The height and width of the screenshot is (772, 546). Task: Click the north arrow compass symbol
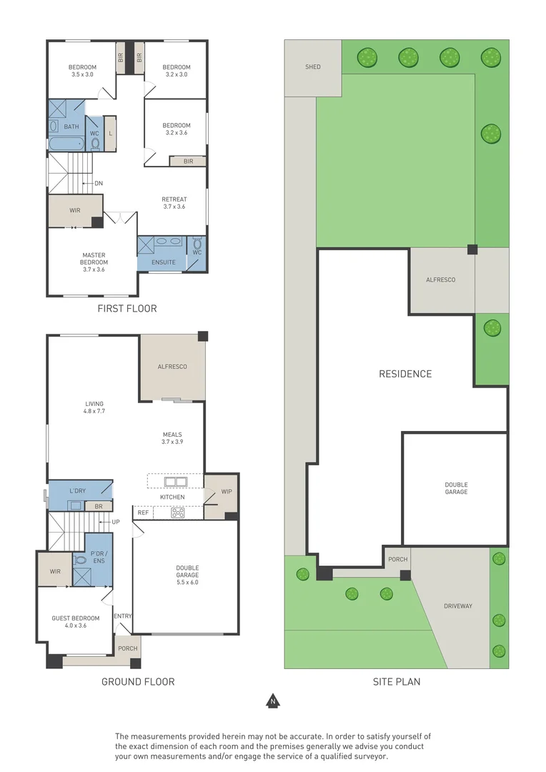click(x=273, y=701)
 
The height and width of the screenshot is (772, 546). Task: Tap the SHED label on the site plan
click(x=312, y=67)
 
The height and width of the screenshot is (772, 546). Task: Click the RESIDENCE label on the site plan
click(x=405, y=374)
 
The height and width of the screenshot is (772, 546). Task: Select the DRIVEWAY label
click(x=458, y=606)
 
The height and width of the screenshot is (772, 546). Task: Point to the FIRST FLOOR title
click(x=127, y=309)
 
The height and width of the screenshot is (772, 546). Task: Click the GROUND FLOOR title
click(x=138, y=682)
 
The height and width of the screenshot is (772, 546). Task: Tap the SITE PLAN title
click(x=397, y=682)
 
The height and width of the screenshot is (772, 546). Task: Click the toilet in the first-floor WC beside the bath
click(x=95, y=144)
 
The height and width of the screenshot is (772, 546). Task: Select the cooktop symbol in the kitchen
click(x=178, y=513)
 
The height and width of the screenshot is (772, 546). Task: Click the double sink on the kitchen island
click(x=175, y=482)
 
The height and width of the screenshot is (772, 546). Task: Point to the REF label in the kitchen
click(x=143, y=513)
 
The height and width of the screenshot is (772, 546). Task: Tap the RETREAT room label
click(x=174, y=203)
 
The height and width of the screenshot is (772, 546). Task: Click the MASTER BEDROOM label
click(x=94, y=262)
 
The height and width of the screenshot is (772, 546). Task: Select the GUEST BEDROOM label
click(x=75, y=622)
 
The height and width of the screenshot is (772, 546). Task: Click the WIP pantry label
click(x=227, y=492)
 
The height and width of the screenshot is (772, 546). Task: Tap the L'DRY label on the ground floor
click(x=77, y=491)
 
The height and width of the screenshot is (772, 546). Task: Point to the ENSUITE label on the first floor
click(x=164, y=262)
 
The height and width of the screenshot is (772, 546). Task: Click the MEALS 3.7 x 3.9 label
click(x=172, y=438)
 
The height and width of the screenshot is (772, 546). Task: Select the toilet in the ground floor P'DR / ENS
click(x=79, y=560)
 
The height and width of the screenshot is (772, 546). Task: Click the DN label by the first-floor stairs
click(x=99, y=184)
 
